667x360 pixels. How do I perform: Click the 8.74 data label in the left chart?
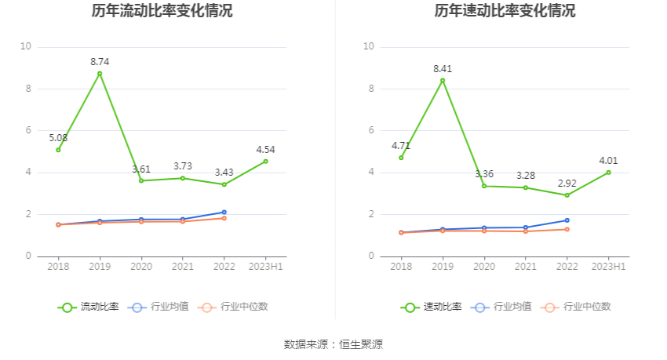pyautogui.click(x=100, y=61)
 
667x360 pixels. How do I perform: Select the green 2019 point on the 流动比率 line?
pyautogui.click(x=100, y=74)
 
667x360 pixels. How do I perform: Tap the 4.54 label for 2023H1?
pyautogui.click(x=265, y=149)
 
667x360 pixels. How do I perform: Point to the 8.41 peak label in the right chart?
pyautogui.click(x=443, y=68)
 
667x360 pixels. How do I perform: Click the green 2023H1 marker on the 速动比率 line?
pyautogui.click(x=608, y=173)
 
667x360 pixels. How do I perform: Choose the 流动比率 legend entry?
pyautogui.click(x=89, y=307)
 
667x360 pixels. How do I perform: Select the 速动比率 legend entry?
pyautogui.click(x=432, y=307)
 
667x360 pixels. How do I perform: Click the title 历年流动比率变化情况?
pyautogui.click(x=162, y=11)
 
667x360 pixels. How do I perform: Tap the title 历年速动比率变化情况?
pyautogui.click(x=505, y=11)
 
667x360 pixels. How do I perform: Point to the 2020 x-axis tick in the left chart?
pyautogui.click(x=141, y=267)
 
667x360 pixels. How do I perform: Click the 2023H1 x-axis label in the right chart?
pyautogui.click(x=608, y=267)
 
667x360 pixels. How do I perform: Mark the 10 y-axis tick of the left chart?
pyautogui.click(x=26, y=47)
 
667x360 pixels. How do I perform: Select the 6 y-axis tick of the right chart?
pyautogui.click(x=369, y=130)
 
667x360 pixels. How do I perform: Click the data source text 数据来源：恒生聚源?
pyautogui.click(x=333, y=344)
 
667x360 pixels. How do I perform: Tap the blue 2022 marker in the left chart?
pyautogui.click(x=224, y=213)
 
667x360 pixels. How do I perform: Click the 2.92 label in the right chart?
pyautogui.click(x=567, y=183)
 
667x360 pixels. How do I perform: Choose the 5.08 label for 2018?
pyautogui.click(x=58, y=138)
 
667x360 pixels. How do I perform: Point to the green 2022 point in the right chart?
pyautogui.click(x=567, y=195)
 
